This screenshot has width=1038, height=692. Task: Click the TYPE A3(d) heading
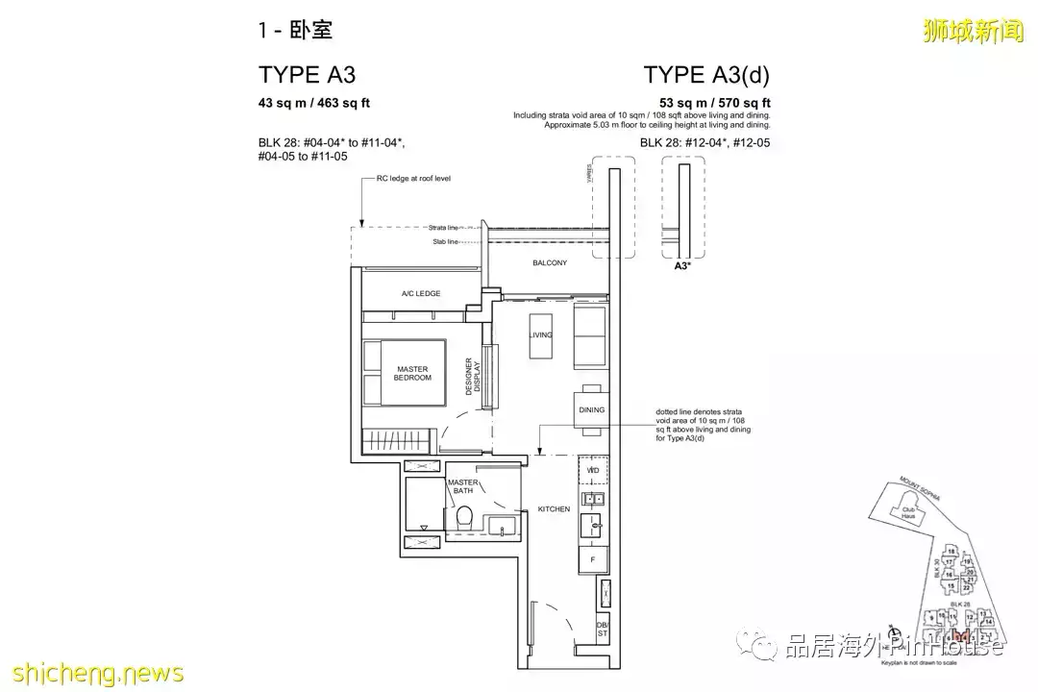pos(706,76)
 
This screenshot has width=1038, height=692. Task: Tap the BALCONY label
pos(549,262)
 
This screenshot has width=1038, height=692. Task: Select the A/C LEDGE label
pos(421,293)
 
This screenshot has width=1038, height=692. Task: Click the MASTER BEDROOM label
pos(413,373)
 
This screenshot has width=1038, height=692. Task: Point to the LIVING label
pos(540,334)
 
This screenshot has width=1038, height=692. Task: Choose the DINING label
pos(592,409)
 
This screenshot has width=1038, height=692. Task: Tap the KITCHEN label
pos(554,508)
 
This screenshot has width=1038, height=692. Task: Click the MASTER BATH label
pos(463,486)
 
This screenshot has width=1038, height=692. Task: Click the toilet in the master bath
pos(465,517)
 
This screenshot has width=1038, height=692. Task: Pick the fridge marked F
pos(592,557)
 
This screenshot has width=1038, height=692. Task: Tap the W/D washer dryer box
pos(593,471)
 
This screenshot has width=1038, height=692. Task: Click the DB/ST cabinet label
pos(603,629)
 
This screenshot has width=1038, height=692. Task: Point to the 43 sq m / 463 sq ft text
pos(313,103)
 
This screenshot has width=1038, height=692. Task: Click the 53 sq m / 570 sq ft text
pos(714,103)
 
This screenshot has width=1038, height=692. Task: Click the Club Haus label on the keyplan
pos(906,513)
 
